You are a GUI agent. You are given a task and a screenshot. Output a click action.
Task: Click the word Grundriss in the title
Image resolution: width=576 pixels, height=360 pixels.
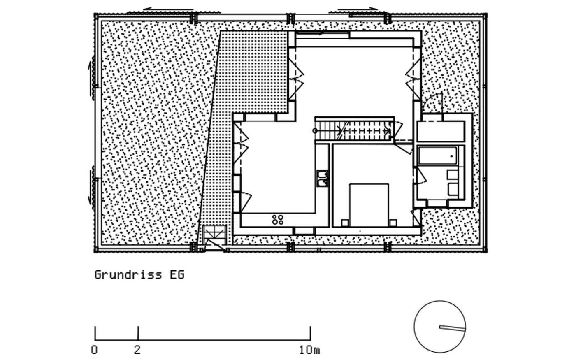(x=128, y=274)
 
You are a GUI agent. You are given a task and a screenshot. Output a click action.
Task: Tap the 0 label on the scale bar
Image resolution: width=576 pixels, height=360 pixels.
(x=95, y=350)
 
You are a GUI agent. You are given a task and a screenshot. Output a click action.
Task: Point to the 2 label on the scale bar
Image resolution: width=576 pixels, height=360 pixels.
(x=137, y=350)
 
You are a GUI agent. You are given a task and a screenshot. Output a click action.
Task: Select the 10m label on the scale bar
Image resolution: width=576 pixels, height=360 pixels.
(x=309, y=350)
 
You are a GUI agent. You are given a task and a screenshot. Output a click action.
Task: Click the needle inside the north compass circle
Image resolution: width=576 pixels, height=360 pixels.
(x=451, y=328)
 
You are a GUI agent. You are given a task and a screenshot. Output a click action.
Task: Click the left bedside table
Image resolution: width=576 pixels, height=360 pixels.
(x=345, y=223)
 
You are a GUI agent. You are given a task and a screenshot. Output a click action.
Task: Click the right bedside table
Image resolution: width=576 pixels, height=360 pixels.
(x=393, y=223)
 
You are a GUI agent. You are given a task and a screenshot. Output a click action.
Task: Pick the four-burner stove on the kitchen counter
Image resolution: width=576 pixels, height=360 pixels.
(x=277, y=219)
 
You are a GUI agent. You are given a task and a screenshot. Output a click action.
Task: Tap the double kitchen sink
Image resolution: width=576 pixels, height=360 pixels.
(x=322, y=178)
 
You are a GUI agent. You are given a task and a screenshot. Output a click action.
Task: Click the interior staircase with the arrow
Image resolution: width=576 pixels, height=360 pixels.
(x=354, y=131)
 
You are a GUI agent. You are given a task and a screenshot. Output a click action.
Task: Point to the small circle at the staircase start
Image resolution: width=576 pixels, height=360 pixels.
(x=315, y=131)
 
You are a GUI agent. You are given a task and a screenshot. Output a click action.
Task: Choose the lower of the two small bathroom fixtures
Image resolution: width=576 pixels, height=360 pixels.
(x=452, y=190)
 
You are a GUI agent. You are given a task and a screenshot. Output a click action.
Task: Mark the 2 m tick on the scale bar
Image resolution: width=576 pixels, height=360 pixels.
(x=138, y=333)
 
